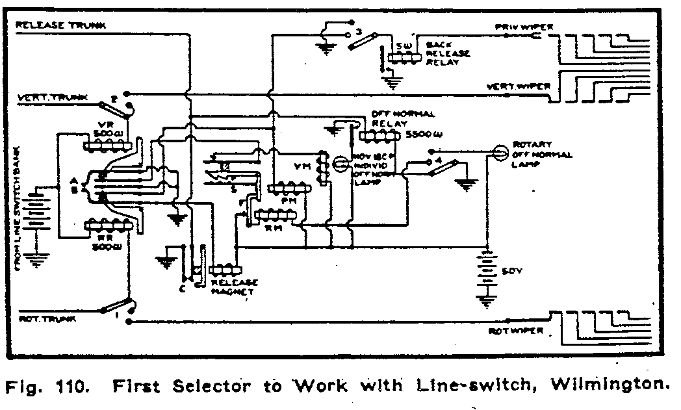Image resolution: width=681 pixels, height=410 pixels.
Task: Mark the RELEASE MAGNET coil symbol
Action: tap(224, 269)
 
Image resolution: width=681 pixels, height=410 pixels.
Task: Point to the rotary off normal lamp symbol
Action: tap(500, 152)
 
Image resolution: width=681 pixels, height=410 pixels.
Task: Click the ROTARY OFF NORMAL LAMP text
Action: tap(542, 155)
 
